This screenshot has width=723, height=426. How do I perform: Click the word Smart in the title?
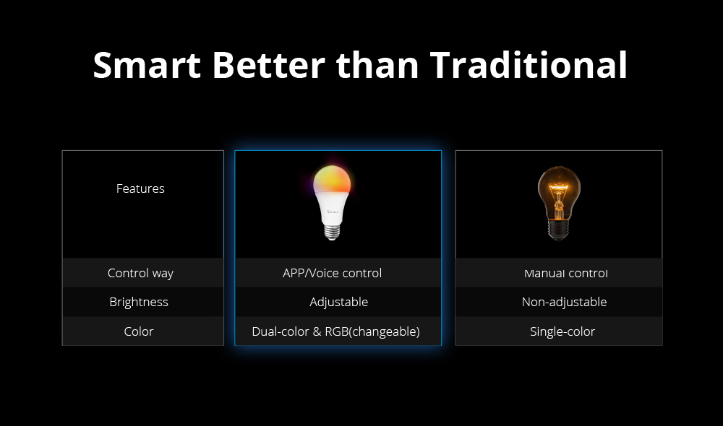pos(147,65)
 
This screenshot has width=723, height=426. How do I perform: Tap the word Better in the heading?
pos(269,65)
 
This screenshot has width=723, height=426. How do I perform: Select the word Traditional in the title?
pos(529,65)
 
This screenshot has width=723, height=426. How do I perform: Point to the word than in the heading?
pos(377,65)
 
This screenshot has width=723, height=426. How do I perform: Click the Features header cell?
pos(140,188)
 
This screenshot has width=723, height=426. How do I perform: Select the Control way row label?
pos(140,273)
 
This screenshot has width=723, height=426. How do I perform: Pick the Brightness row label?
pos(139,302)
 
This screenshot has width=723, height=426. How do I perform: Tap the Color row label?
pos(139,331)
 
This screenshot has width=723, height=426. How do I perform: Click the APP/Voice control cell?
pos(332,273)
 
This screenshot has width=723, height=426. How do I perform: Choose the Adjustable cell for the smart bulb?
pos(339,302)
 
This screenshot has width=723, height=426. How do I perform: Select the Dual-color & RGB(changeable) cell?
pos(335,331)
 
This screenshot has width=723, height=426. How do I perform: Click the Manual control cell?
pos(566,273)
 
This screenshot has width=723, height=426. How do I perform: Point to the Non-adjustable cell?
pos(565,302)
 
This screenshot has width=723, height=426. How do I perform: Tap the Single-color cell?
pos(562,331)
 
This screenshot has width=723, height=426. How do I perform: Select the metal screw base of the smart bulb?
pos(332,232)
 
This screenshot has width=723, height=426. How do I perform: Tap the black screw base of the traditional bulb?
pos(558,230)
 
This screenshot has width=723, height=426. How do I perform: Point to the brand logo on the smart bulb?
pos(333,212)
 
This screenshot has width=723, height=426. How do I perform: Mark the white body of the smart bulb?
pos(332,208)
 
